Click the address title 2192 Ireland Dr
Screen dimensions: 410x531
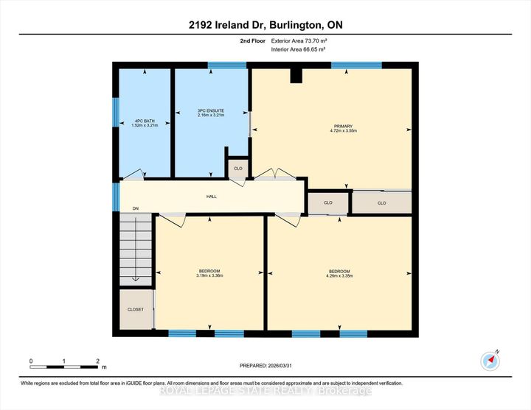265,25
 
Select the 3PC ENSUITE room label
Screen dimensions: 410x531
210,113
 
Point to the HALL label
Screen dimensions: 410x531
211,197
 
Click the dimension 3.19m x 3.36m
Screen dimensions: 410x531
209,275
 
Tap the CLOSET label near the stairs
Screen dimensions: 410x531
135,309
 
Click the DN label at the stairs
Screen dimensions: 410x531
135,209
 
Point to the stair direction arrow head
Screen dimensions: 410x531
136,280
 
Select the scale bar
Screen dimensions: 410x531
64,366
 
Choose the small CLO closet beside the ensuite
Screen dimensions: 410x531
237,168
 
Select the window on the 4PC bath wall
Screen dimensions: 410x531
114,111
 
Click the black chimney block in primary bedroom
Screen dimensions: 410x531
296,74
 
